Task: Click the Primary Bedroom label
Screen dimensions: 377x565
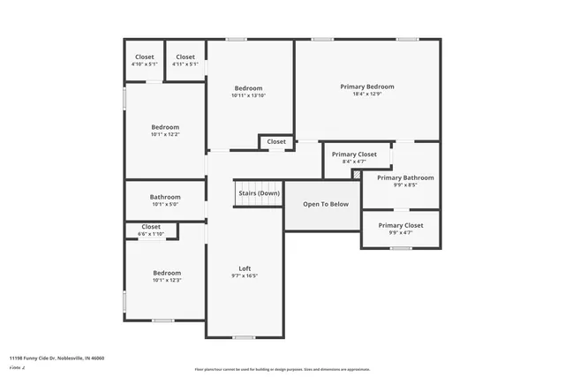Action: (367, 87)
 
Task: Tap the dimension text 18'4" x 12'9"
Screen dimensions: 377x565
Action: (367, 94)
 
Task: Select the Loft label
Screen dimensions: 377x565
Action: (245, 268)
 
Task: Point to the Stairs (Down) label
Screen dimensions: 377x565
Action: (259, 193)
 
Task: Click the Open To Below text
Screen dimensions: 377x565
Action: (326, 204)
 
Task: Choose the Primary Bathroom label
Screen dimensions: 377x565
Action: (405, 177)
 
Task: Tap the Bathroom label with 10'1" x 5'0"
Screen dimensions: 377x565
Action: (165, 197)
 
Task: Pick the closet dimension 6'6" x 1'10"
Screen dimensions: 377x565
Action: (151, 233)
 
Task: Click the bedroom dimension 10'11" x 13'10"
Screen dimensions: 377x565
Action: (248, 95)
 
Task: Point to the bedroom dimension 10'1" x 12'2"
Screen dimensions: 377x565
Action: (165, 134)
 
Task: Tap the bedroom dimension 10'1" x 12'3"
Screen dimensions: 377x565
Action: (167, 281)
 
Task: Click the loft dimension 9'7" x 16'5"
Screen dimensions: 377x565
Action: (245, 275)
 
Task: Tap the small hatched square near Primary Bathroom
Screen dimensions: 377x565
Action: (357, 175)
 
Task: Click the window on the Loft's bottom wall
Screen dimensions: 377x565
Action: (245, 337)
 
